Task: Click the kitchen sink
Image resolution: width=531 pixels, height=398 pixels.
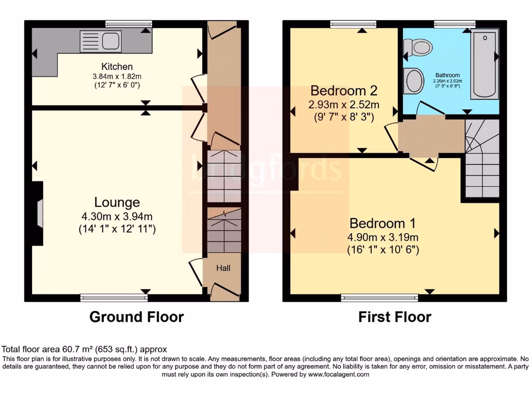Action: coord(101,41)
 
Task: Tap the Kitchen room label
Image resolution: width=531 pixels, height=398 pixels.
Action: coord(117,66)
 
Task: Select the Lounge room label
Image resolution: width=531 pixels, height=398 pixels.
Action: coord(117,202)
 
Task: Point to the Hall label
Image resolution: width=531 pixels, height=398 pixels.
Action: coord(223,268)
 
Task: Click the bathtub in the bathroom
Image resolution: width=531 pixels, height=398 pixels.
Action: coord(484,65)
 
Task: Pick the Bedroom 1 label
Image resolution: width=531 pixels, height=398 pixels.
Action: coord(383,223)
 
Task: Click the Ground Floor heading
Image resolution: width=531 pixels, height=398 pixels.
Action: coord(136,317)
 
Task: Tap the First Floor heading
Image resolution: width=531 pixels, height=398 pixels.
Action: coord(395,317)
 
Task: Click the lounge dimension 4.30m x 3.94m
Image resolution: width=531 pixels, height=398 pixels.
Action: coord(117,217)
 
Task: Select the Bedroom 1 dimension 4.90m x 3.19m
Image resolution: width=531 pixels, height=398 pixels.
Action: coord(383,237)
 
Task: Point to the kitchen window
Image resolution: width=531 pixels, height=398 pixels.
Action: coord(128,23)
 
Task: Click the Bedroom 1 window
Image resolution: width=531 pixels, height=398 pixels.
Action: coord(380,297)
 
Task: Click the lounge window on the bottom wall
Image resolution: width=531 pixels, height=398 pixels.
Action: coord(114,297)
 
